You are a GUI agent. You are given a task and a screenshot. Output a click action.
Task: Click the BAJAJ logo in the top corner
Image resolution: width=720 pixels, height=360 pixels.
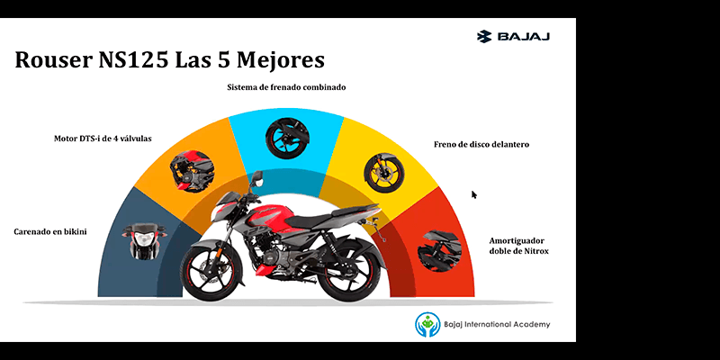click(513, 36)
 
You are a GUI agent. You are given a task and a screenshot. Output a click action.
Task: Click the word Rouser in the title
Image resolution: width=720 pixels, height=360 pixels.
click(54, 59)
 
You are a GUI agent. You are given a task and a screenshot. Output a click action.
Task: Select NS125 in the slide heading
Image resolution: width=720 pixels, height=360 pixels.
click(133, 59)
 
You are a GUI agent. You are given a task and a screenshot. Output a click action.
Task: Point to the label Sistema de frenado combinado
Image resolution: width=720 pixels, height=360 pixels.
click(286, 86)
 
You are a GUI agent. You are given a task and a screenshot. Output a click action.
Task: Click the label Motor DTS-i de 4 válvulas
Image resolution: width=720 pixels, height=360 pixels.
click(103, 139)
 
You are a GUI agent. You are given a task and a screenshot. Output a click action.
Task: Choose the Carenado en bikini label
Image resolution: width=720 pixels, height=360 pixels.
click(50, 231)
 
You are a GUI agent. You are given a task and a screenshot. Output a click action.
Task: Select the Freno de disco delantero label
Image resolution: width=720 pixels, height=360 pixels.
click(481, 144)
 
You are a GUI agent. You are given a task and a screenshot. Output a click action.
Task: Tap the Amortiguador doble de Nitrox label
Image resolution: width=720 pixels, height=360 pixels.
click(519, 246)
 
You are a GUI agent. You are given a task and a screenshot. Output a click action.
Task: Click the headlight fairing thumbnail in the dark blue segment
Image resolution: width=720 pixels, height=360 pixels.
click(144, 241)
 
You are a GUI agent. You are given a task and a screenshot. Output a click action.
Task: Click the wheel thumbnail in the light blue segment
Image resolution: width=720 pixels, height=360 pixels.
click(287, 139)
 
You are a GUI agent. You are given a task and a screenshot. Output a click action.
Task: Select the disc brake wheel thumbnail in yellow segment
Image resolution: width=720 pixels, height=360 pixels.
click(384, 173)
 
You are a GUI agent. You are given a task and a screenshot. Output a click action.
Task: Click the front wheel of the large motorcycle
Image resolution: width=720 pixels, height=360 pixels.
click(211, 273)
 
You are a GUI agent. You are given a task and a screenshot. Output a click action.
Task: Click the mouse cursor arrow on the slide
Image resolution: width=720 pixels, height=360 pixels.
click(474, 194)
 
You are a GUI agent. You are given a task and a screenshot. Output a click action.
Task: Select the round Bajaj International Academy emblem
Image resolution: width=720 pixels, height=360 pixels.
click(427, 324)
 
